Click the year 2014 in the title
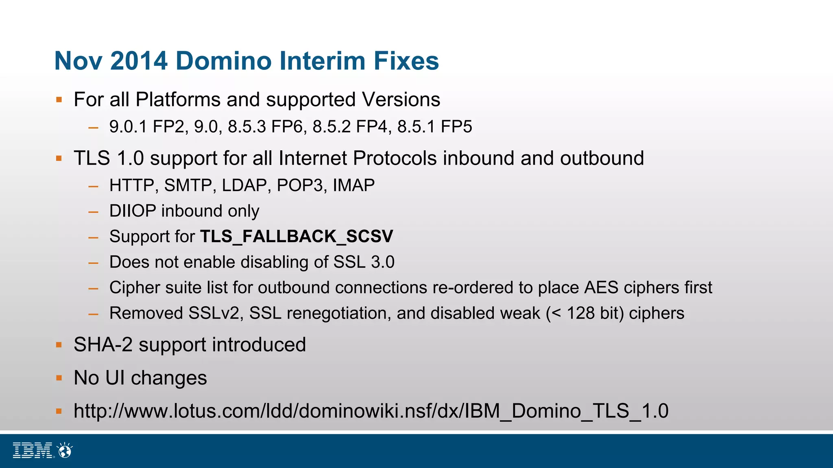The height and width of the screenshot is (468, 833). (139, 61)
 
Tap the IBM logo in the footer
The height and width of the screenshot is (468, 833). (33, 451)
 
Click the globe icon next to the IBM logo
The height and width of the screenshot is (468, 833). (65, 450)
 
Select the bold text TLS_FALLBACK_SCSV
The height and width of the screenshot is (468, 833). (297, 236)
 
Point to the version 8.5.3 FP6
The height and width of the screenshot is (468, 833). (266, 127)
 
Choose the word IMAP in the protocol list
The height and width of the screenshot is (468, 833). (353, 186)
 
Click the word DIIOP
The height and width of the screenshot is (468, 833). (133, 211)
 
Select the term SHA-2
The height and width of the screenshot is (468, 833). (103, 345)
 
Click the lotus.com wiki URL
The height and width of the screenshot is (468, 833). (371, 411)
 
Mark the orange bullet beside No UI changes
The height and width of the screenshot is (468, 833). (59, 378)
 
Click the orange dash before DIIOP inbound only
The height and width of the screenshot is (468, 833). (94, 212)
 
